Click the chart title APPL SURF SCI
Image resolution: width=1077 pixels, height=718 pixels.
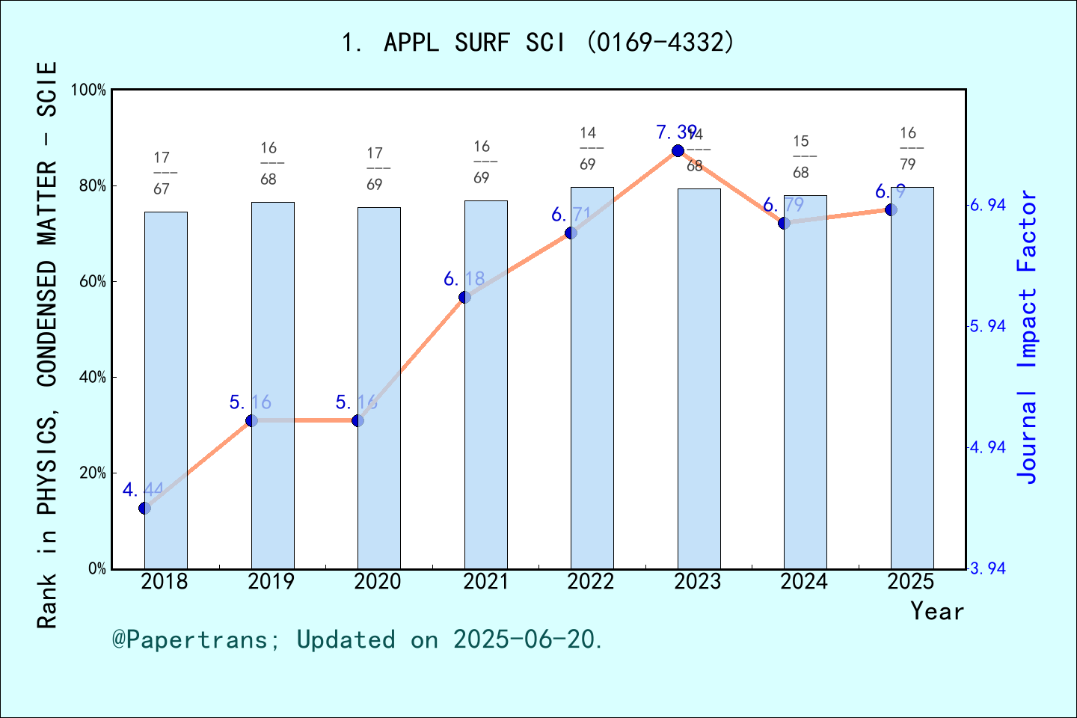(x=538, y=43)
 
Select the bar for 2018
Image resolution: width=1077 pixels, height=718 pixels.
(x=166, y=390)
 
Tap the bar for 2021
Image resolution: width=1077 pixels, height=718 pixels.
(x=486, y=384)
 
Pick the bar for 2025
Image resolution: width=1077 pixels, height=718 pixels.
(x=912, y=378)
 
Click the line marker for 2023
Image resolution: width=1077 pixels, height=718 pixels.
(x=678, y=151)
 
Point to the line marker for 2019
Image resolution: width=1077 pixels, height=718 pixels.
(x=252, y=421)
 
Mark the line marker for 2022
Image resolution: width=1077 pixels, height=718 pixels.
(x=571, y=233)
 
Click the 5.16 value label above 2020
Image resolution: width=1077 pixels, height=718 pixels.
(x=356, y=402)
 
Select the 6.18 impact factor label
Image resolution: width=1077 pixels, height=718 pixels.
(x=464, y=279)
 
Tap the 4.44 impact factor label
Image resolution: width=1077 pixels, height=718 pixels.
(x=143, y=490)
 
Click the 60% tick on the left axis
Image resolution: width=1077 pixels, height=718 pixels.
(x=93, y=282)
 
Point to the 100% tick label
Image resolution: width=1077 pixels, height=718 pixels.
(x=89, y=90)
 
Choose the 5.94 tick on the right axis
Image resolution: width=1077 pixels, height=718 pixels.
(x=987, y=326)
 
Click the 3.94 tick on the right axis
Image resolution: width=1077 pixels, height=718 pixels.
(x=987, y=568)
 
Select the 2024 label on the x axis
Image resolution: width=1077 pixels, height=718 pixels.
(x=804, y=582)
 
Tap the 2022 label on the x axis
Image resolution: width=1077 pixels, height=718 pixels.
(x=591, y=582)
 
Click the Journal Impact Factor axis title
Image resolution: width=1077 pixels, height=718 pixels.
(x=1028, y=337)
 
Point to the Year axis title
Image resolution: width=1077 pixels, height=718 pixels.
(x=937, y=611)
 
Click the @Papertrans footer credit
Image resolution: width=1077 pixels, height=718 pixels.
(x=358, y=639)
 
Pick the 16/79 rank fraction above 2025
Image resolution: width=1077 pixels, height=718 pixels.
(x=908, y=148)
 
